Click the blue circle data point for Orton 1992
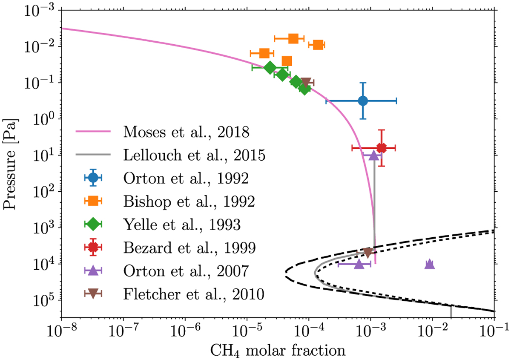coord(363,101)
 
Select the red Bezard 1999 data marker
coord(382,148)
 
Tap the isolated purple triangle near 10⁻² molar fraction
coord(430,264)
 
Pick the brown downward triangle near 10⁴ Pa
coord(368,253)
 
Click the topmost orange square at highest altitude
coord(293,39)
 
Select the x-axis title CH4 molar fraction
coord(277,350)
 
